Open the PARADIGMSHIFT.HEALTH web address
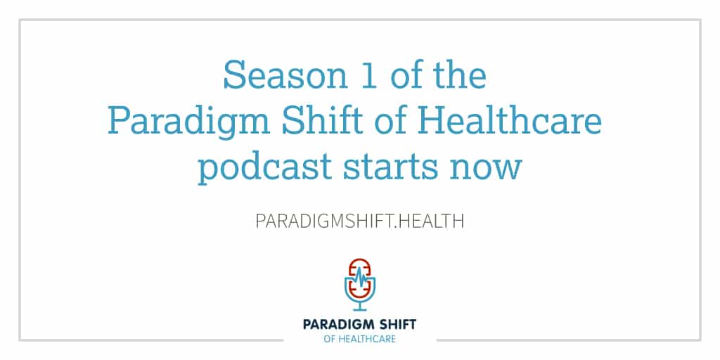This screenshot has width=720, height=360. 359,221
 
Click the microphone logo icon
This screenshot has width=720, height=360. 359,285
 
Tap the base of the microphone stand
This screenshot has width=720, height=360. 359,310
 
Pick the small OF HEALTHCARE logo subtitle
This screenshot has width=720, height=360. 359,340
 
